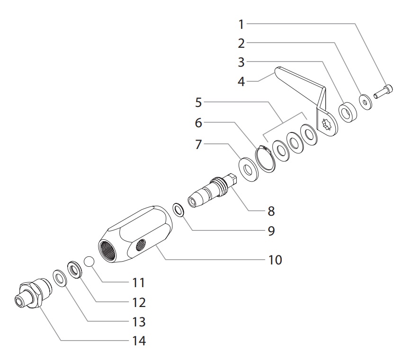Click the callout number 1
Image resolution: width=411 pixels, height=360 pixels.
(241, 24)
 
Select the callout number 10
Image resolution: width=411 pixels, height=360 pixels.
(275, 259)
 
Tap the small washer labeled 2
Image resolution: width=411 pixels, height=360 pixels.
(366, 102)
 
